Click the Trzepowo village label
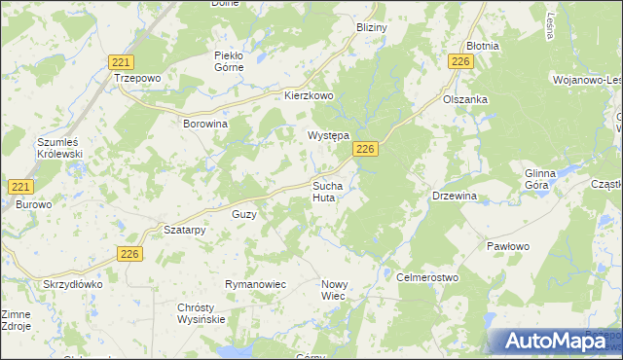pyautogui.click(x=136, y=77)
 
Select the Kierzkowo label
pyautogui.click(x=309, y=96)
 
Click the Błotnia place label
pyautogui.click(x=482, y=46)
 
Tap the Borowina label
pyautogui.click(x=205, y=125)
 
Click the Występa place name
pyautogui.click(x=329, y=136)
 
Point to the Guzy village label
pyautogui.click(x=243, y=214)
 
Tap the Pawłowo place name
pyautogui.click(x=507, y=246)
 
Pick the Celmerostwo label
pyautogui.click(x=427, y=277)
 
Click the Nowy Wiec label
pyautogui.click(x=334, y=290)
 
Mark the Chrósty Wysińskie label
pyautogui.click(x=202, y=313)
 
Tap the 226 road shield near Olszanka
pyautogui.click(x=461, y=61)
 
